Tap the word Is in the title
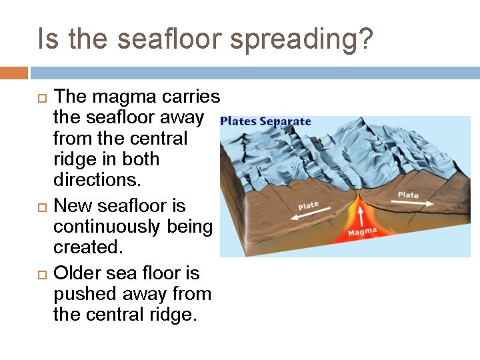tap(49, 39)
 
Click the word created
tap(88, 247)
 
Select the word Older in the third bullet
tap(81, 273)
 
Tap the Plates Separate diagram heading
tap(265, 121)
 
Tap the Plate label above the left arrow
tap(308, 206)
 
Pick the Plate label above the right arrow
tap(408, 195)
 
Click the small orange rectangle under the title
tap(14, 73)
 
